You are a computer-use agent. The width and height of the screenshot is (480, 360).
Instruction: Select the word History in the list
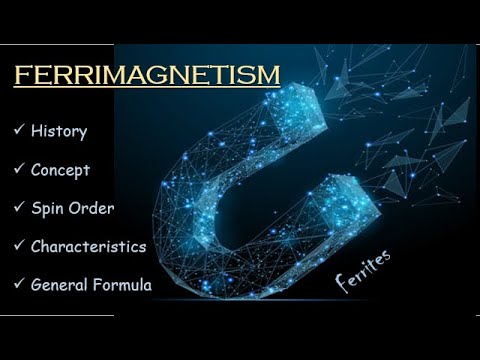pyautogui.click(x=59, y=131)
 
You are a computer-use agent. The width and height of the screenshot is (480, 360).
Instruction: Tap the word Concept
pyautogui.click(x=61, y=169)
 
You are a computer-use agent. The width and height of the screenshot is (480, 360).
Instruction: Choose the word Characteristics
pyautogui.click(x=89, y=245)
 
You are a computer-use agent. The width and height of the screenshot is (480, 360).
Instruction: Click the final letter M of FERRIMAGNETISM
pyautogui.click(x=269, y=77)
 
